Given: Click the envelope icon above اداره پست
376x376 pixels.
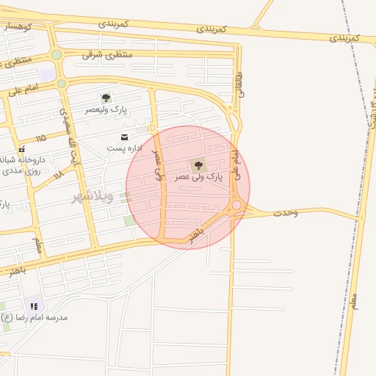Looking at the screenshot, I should point(124,137).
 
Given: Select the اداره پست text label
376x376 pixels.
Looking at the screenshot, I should point(124,148).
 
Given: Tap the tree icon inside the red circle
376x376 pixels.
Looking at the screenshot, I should point(198,165).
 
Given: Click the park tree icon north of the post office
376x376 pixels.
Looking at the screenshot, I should point(106,98).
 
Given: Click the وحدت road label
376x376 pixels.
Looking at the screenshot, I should point(286,213).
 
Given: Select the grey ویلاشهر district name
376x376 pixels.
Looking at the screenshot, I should point(92,196).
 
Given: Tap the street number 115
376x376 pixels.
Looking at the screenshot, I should point(40,138).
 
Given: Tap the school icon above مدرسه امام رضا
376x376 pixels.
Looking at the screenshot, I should point(34,305).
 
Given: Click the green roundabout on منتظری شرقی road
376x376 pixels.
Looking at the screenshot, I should point(57,55).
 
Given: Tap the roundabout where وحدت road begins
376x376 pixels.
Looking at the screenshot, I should point(237,206).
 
